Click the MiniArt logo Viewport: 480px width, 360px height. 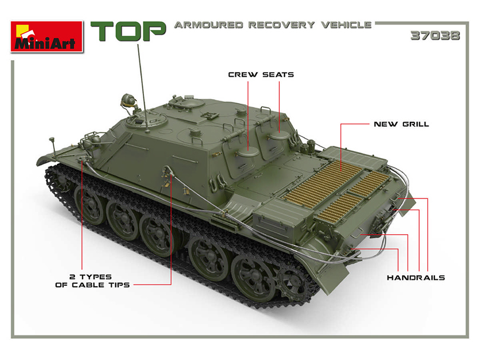point(47,36)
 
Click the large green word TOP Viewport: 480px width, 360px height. point(128,31)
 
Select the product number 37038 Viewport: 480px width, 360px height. point(435,36)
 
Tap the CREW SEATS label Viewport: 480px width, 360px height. point(261,75)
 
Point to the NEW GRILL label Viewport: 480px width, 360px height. point(402,124)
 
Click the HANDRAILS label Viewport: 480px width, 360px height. point(416,277)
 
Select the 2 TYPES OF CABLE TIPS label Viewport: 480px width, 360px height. point(92,281)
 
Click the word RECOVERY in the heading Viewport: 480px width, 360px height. point(282,25)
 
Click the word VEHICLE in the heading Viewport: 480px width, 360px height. point(346,25)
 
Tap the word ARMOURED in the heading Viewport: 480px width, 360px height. point(208,25)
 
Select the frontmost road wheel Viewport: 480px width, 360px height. point(89,204)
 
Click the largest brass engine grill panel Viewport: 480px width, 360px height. point(323,184)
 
